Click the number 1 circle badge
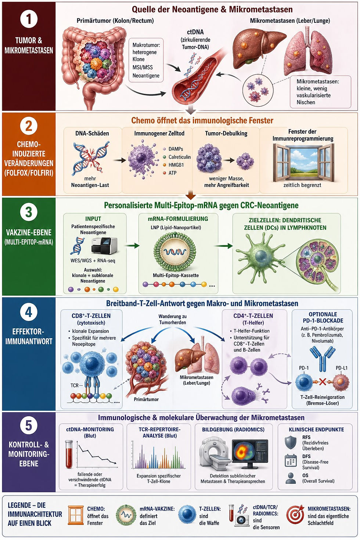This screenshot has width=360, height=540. [x=29, y=19]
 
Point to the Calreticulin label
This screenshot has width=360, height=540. [x=180, y=157]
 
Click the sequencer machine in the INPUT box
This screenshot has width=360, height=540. [x=104, y=245]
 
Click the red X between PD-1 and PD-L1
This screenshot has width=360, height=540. [x=323, y=382]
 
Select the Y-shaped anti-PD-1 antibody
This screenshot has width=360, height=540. [x=323, y=358]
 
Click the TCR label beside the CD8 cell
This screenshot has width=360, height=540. [x=74, y=385]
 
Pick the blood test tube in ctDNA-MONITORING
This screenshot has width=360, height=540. [x=69, y=454]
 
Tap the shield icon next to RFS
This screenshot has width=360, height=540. [x=291, y=442]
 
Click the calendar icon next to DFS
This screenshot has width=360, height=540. [x=291, y=461]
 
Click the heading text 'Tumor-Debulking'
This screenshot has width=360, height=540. [x=226, y=133]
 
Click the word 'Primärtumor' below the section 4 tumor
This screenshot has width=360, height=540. [x=146, y=399]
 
